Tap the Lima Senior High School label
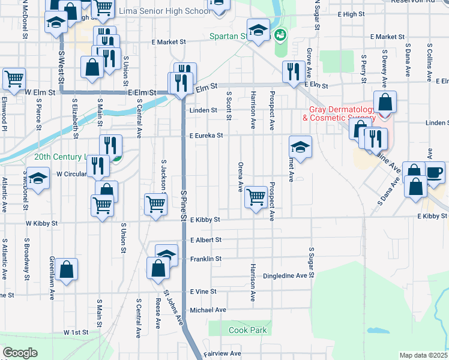coord(164,11)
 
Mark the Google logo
coord(20,353)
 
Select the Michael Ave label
coord(208,310)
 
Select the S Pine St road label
coord(184,204)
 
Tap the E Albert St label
coord(206,240)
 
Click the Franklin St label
coord(206,259)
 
